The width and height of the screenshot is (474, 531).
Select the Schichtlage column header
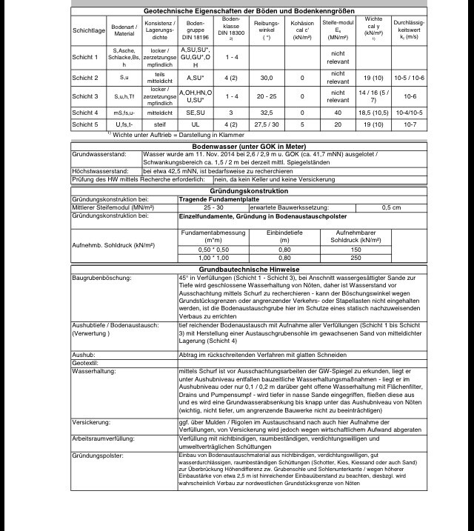click(x=90, y=31)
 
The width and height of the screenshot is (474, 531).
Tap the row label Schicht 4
click(x=86, y=113)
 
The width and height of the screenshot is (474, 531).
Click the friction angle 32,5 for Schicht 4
click(x=266, y=113)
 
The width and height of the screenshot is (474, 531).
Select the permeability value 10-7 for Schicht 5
click(x=410, y=124)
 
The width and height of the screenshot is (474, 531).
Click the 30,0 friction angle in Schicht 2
click(x=266, y=78)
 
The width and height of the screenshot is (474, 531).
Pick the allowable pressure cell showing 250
click(x=355, y=258)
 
